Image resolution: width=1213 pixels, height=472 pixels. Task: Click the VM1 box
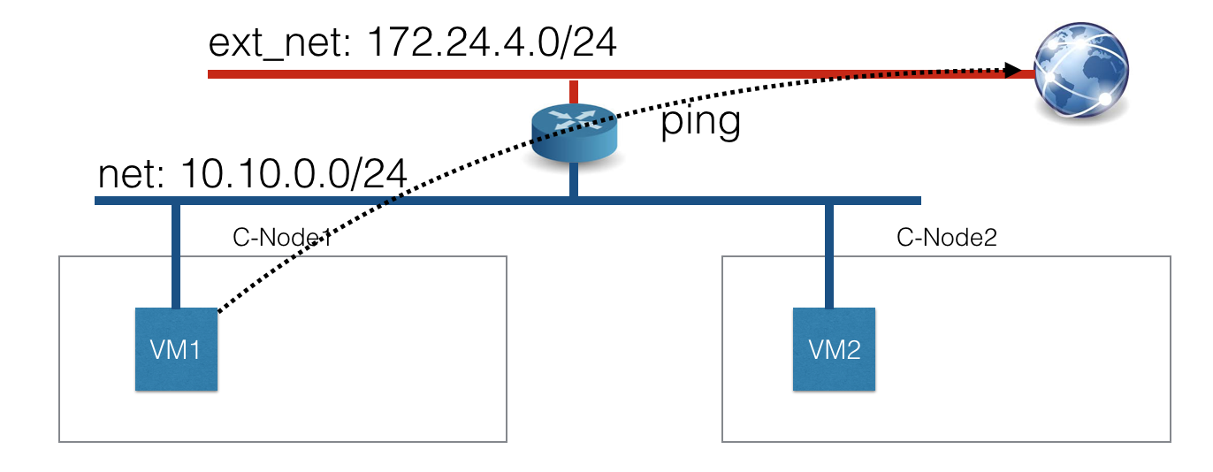pyautogui.click(x=176, y=349)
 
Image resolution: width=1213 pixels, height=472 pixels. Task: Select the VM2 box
pyautogui.click(x=834, y=349)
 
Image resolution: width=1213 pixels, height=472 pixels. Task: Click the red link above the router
pyautogui.click(x=574, y=92)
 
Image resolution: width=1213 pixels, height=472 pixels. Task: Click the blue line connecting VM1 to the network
pyautogui.click(x=176, y=256)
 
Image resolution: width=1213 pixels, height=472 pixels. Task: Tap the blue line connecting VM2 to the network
pyautogui.click(x=828, y=256)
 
